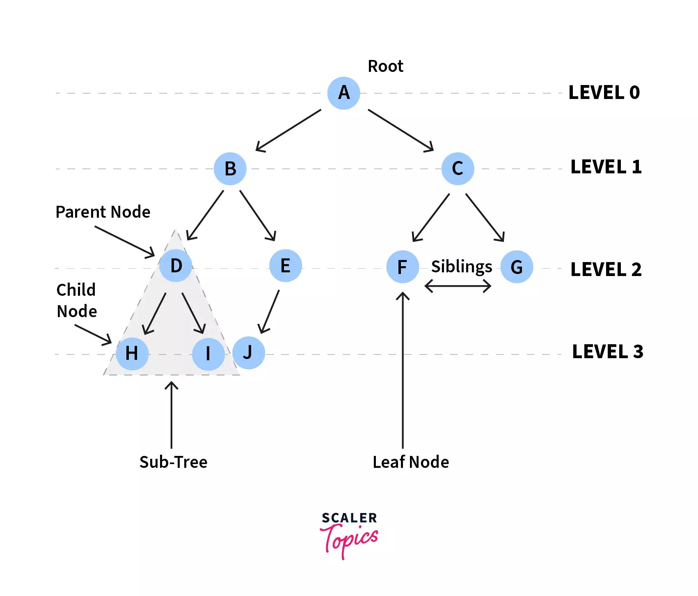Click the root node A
(x=344, y=93)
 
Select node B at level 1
(x=230, y=169)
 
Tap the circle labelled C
(x=458, y=168)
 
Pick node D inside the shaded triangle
(x=176, y=266)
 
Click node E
(x=286, y=266)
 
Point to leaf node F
(x=403, y=267)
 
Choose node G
(x=517, y=267)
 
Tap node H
(x=132, y=353)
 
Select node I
(x=208, y=354)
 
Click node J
(x=249, y=352)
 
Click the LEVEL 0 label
(x=604, y=92)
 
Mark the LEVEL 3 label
(x=607, y=352)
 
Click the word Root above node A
(x=385, y=66)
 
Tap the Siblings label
(x=461, y=267)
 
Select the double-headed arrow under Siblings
(x=458, y=286)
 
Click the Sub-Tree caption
(x=173, y=462)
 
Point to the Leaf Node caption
(x=411, y=462)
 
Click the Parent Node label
(x=103, y=212)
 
